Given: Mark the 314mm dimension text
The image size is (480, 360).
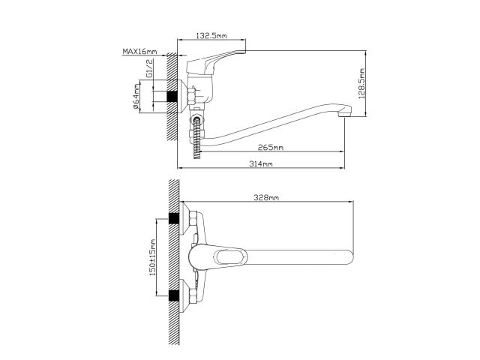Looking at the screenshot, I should tap(262, 163).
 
